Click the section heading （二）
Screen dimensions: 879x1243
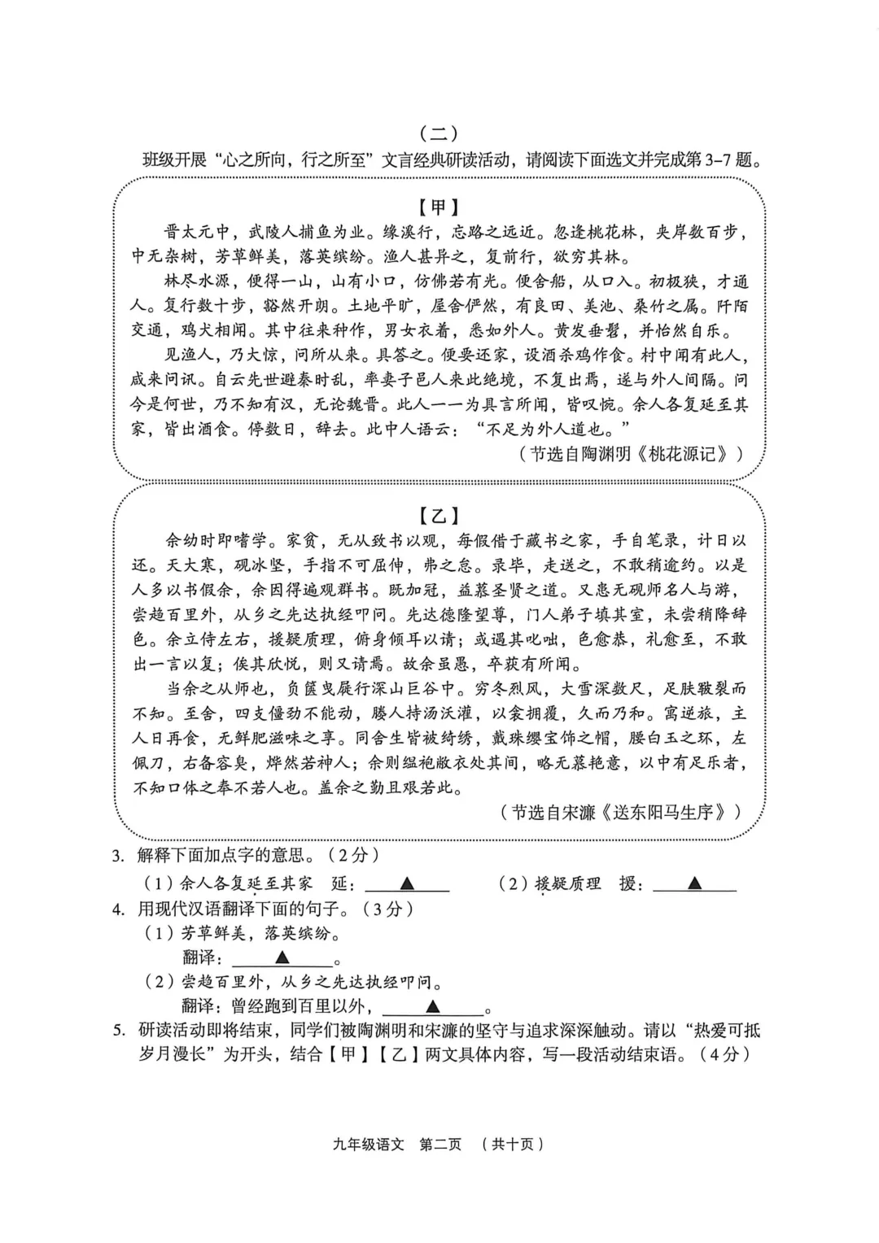[x=439, y=133]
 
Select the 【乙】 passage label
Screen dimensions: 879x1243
[x=439, y=515]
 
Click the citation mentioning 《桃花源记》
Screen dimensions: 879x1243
[x=631, y=454]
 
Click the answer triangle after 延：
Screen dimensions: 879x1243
[x=406, y=883]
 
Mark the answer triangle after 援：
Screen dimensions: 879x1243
[x=694, y=883]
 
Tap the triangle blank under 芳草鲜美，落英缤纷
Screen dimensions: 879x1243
[x=282, y=957]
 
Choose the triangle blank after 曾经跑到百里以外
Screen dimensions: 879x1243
[x=433, y=1007]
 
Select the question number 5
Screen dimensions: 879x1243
[x=119, y=1031]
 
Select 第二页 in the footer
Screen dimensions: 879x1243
[x=439, y=1144]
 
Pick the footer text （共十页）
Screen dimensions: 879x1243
[x=512, y=1144]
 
